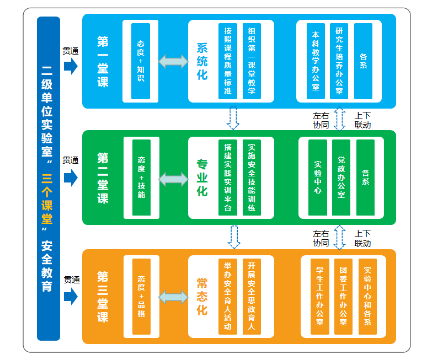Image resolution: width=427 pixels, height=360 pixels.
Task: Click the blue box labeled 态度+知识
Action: coord(141,61)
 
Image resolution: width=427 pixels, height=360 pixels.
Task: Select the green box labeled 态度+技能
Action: coord(142,177)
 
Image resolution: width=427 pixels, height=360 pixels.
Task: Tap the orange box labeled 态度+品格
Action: coord(141,295)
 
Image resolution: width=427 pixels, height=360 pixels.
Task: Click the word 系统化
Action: coord(202,61)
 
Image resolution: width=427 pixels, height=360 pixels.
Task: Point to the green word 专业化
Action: coord(202,178)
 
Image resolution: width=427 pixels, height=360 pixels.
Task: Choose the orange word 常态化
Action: coord(202,296)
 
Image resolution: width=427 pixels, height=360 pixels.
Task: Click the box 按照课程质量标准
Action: coord(227,61)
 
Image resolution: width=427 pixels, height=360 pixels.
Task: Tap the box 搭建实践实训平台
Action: coord(227,178)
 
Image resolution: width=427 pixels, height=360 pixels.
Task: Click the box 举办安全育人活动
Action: coord(227,296)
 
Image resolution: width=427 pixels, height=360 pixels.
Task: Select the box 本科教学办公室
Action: coord(316,61)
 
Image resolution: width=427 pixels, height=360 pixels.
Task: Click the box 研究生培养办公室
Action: coord(339,61)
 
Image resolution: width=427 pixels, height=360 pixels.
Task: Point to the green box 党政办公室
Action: coord(341,178)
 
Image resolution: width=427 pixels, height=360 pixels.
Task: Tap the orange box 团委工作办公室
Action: coord(343,296)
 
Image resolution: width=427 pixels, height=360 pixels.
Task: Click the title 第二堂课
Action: coord(103,178)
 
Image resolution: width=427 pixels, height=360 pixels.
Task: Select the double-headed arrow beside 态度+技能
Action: coord(173,179)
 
